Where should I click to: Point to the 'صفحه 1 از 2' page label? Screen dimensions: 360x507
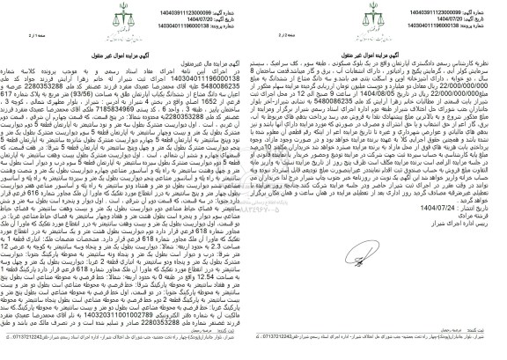(239, 34)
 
